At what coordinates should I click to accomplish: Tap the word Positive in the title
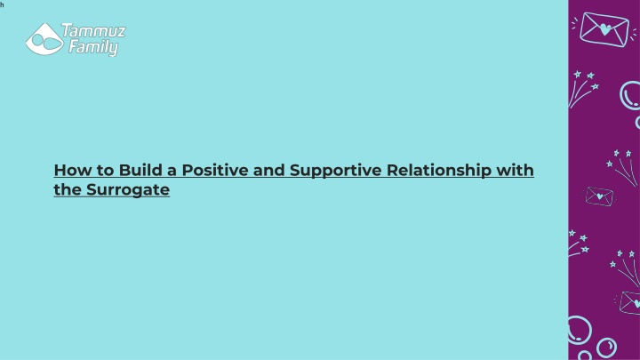215,170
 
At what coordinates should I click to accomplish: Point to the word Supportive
335,171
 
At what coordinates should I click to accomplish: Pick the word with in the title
515,170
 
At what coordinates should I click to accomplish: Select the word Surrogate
128,190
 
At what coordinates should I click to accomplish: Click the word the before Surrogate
68,189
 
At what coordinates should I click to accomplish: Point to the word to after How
106,171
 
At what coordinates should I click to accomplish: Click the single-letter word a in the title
172,172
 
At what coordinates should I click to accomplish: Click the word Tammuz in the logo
93,30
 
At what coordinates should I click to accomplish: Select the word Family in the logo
93,47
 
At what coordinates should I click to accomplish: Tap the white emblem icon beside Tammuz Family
45,39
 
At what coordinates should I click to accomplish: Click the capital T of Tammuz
68,30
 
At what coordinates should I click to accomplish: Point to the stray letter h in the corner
2,5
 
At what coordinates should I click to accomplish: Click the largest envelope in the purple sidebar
604,29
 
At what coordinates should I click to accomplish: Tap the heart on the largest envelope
605,29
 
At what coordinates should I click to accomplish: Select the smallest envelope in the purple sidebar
599,196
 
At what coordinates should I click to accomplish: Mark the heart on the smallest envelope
600,196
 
